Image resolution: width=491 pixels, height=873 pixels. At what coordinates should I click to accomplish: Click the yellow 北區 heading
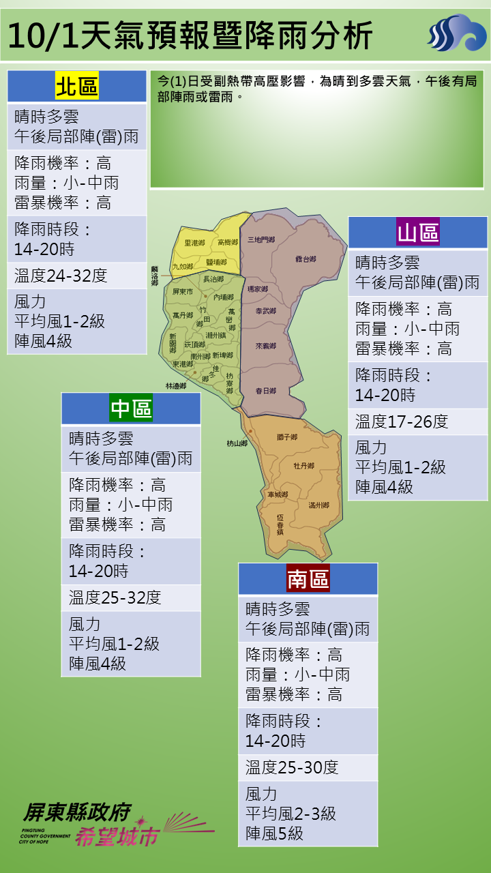pos(76,87)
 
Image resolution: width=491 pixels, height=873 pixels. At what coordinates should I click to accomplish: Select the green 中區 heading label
pos(131,409)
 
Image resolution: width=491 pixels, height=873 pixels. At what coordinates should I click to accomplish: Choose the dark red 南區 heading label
pos(308,579)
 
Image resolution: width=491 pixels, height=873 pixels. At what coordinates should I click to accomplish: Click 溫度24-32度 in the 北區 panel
pos(61,276)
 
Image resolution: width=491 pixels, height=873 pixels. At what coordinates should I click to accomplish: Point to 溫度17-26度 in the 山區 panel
pos(402,421)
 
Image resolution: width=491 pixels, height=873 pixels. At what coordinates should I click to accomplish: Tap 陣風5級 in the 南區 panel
pos(275,833)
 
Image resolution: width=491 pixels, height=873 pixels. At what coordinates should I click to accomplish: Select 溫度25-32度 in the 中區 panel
pos(115,598)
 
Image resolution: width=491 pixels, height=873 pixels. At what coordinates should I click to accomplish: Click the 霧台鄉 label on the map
pos(306,259)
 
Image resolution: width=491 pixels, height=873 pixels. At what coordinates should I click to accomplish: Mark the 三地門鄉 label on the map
pos(261,239)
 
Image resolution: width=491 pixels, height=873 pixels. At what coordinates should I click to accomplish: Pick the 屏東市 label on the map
pos(183,291)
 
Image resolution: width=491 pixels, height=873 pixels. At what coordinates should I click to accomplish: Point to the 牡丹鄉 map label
pos(303,466)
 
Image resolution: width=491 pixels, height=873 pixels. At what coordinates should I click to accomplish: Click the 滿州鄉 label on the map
pos(318,505)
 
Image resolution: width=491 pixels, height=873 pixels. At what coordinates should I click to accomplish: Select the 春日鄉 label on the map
pos(265,391)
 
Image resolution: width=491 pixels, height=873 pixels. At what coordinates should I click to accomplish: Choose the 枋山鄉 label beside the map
pos(237,443)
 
